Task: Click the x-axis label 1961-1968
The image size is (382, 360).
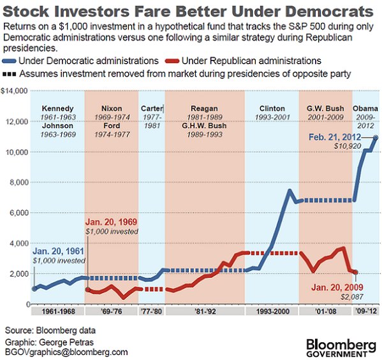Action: (57, 313)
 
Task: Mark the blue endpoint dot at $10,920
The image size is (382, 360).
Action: (376, 138)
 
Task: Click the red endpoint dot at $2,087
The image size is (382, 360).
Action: (355, 272)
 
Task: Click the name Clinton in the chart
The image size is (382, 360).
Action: (272, 108)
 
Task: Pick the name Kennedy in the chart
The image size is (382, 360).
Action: (57, 108)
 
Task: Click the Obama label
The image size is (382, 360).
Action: (365, 108)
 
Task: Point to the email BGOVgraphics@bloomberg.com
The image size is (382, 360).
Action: (66, 352)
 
